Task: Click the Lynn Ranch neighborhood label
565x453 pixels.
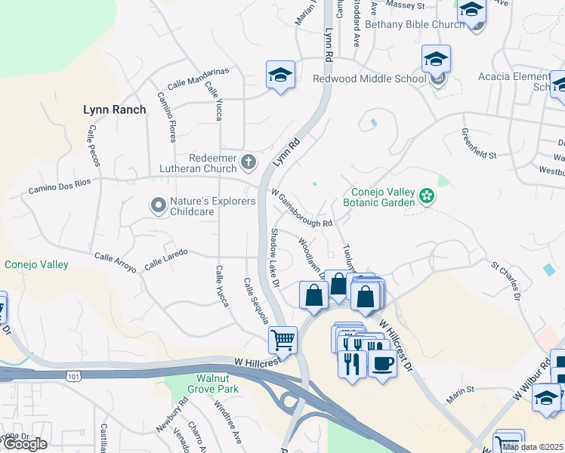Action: pyautogui.click(x=114, y=109)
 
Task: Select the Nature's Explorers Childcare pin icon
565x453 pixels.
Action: pyautogui.click(x=158, y=205)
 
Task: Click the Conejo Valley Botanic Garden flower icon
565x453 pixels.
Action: pyautogui.click(x=427, y=196)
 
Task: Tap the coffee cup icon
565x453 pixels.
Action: pyautogui.click(x=381, y=364)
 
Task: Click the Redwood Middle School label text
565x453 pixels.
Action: pyautogui.click(x=369, y=79)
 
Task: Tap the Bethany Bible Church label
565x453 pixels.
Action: pyautogui.click(x=415, y=24)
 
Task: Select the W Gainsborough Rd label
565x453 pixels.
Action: pyautogui.click(x=301, y=209)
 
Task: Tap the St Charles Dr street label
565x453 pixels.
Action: pyautogui.click(x=505, y=279)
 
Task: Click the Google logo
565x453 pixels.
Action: pyautogui.click(x=25, y=444)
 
